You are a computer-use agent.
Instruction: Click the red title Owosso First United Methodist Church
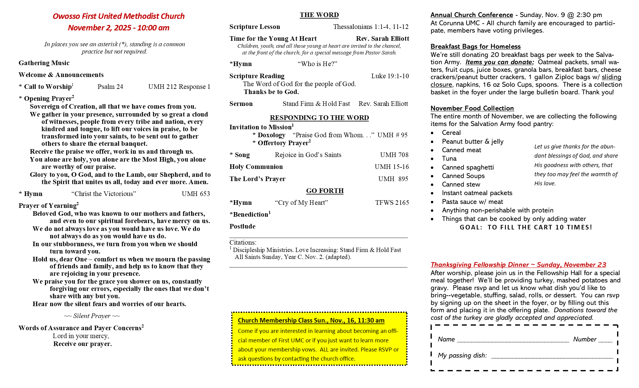coord(119,16)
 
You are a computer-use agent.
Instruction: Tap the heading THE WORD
coord(319,15)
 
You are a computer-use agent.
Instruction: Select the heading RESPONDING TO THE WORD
coord(319,118)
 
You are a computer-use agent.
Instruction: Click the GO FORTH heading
coord(325,191)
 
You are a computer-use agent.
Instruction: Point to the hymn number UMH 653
coord(196,194)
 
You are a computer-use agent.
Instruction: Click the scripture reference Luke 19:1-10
coord(390,76)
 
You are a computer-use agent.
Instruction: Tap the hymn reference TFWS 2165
coord(392,203)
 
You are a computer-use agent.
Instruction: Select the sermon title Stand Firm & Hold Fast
coord(316,104)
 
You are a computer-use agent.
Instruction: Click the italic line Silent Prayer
coord(92,316)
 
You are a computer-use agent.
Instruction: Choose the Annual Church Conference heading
coord(472,15)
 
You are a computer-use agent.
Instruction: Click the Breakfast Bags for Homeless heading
coord(475,47)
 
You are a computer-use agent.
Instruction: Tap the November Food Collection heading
coord(472,108)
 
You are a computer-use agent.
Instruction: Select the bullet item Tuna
coord(449,159)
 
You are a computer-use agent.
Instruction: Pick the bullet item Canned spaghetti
coord(468,167)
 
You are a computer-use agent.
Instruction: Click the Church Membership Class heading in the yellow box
coord(311,320)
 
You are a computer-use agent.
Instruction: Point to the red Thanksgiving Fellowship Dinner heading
coord(518,265)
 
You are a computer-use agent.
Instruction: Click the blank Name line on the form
coord(513,340)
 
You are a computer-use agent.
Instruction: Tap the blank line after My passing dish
coord(552,356)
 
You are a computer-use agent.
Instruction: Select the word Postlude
coord(242,226)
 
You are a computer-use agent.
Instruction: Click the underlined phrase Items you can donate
coord(500,62)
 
